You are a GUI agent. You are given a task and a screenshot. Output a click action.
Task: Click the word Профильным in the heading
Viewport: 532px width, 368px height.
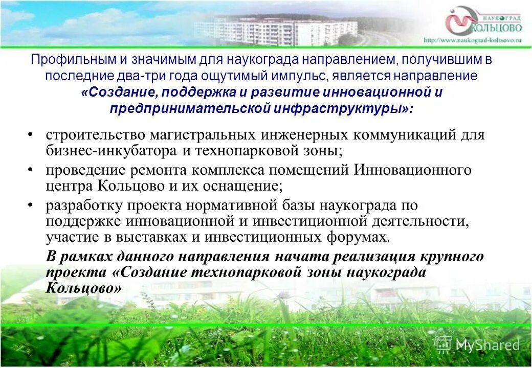63,60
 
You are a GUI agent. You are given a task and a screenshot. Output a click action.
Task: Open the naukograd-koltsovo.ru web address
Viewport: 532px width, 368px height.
472,40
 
